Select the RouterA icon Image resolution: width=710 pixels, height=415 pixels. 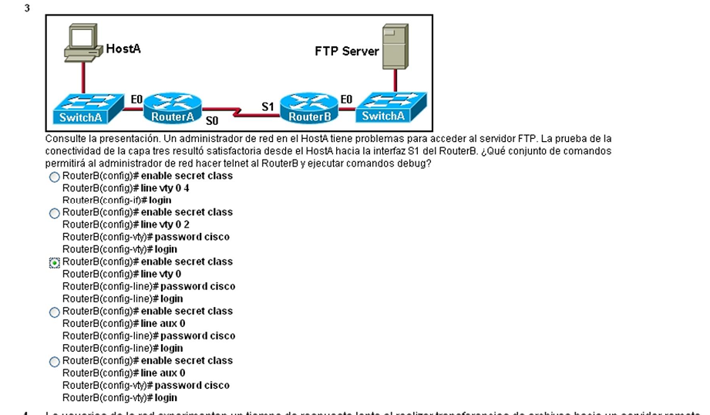[173, 109]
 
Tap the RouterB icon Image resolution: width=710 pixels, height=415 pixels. [309, 109]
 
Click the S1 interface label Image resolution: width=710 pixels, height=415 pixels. [268, 106]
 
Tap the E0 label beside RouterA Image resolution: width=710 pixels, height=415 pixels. [136, 99]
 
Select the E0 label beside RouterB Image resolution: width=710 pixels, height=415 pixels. [346, 99]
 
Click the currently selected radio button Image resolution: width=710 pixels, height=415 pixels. [55, 263]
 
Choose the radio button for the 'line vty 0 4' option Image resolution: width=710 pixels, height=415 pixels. [55, 177]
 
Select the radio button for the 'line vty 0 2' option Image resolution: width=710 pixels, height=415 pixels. [55, 214]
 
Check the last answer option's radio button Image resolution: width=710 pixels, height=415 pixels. [55, 362]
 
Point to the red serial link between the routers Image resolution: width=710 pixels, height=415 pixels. [240, 114]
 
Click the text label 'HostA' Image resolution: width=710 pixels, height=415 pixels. [123, 49]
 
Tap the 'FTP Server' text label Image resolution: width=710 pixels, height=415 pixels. [347, 52]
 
